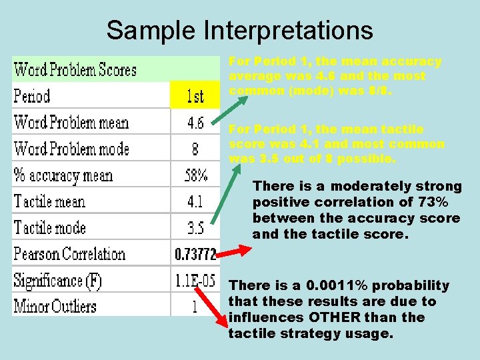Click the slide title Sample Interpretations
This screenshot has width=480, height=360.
point(239,30)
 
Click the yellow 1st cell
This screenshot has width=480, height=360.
point(195,96)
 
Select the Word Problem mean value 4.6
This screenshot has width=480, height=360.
point(195,123)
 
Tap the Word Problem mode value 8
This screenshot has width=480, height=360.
point(195,149)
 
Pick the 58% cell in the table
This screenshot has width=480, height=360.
point(195,175)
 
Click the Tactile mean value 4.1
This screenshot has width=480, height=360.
point(195,201)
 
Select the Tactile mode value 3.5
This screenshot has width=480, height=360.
point(195,228)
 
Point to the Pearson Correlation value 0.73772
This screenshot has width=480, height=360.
point(195,254)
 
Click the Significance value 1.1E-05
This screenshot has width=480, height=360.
point(195,281)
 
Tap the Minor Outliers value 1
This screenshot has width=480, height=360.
point(195,307)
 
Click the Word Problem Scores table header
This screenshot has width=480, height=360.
point(75,69)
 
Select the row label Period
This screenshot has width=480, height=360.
point(32,96)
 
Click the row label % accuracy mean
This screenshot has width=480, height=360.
point(63,175)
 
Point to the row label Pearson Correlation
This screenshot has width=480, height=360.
point(69,254)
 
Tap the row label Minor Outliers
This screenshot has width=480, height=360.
point(55,307)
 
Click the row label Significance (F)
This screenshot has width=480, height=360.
point(58,281)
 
